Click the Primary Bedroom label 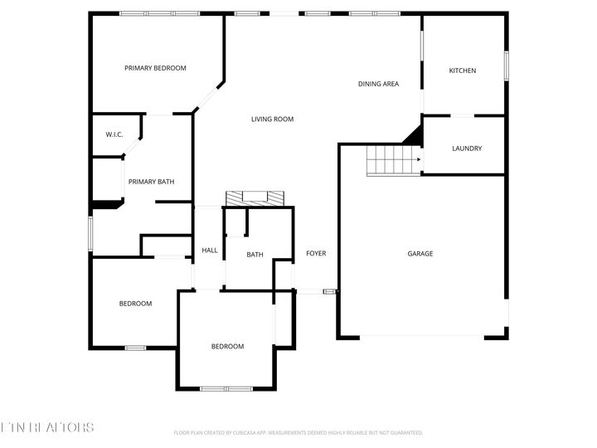(x=155, y=68)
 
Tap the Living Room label (x=273, y=119)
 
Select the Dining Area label (x=379, y=84)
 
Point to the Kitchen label (x=463, y=71)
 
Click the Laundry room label (x=467, y=149)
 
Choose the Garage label (x=420, y=254)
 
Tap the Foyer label (x=316, y=253)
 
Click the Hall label (x=210, y=251)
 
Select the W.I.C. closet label (x=114, y=134)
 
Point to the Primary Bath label (x=150, y=182)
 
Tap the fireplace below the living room (x=255, y=198)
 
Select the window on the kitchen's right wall (x=505, y=66)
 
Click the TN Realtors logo (x=47, y=428)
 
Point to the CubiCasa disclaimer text (x=298, y=433)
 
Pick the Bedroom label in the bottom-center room (x=227, y=347)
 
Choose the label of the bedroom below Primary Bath (x=135, y=304)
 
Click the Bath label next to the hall (x=255, y=255)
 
